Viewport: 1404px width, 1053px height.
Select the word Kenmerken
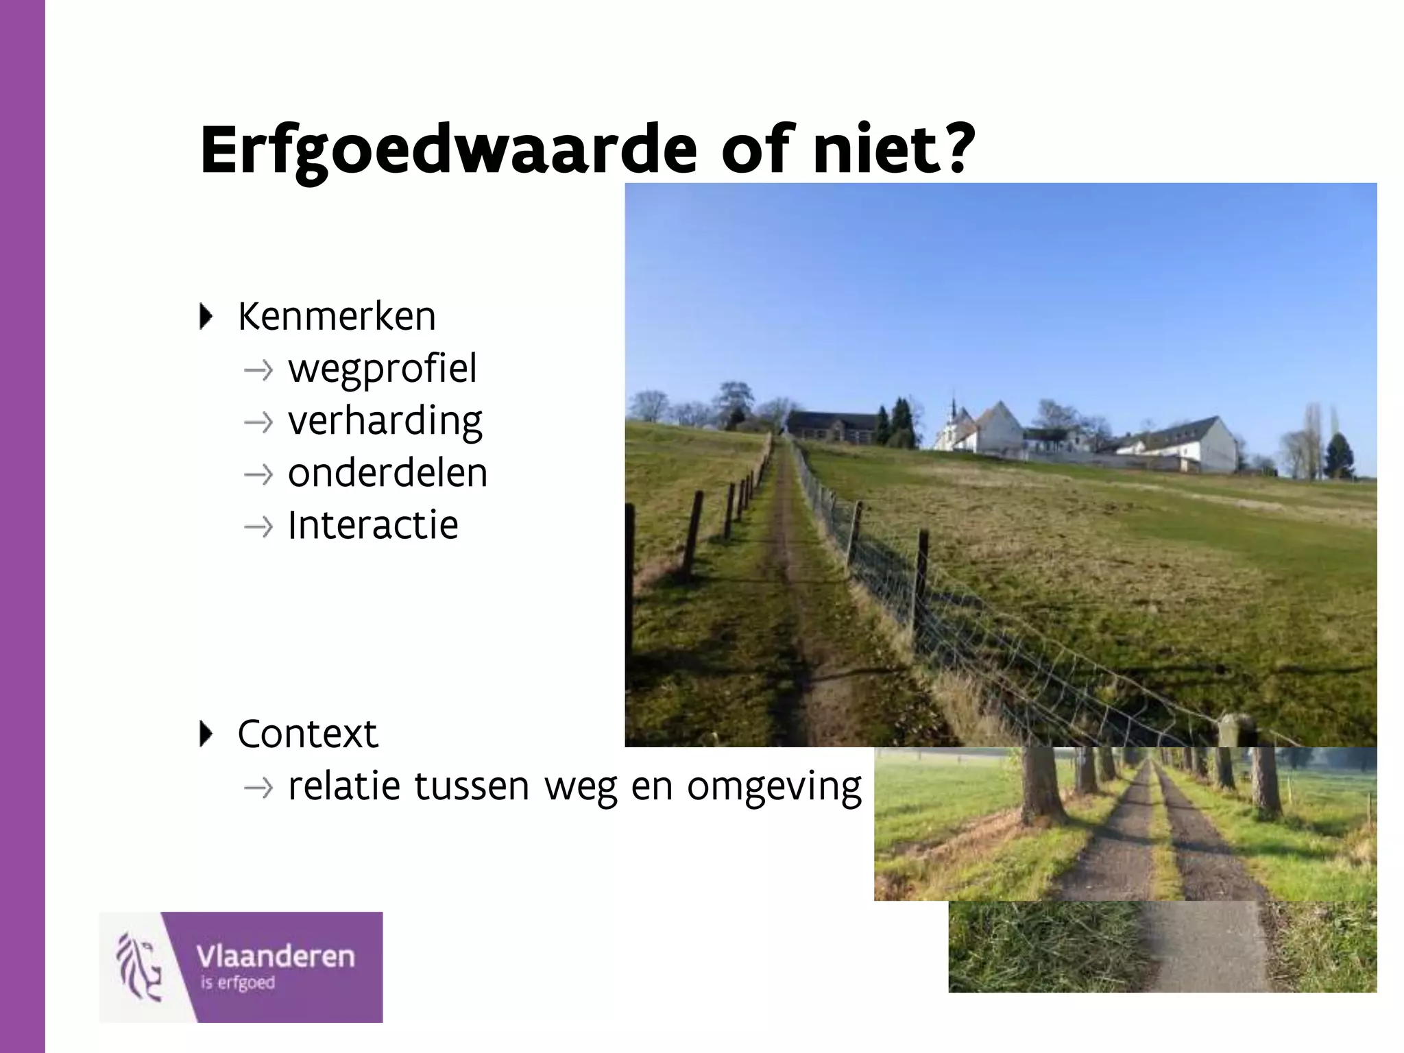(x=337, y=317)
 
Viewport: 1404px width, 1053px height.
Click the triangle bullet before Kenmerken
(x=205, y=316)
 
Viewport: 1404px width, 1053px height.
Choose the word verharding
(x=385, y=422)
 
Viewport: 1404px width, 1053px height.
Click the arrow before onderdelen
(x=258, y=474)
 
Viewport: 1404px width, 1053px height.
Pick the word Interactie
(x=372, y=525)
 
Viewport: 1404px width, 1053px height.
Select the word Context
(x=307, y=734)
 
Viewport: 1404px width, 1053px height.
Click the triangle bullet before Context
(x=205, y=734)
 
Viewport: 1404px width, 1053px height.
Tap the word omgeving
(x=774, y=788)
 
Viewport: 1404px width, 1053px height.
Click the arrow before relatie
(x=258, y=788)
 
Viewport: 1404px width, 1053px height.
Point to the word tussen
(x=472, y=786)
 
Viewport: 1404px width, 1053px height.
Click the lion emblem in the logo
(x=140, y=967)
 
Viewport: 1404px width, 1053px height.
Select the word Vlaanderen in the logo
(x=276, y=956)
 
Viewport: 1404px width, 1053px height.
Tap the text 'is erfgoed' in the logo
(x=237, y=983)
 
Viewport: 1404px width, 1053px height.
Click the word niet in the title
(x=870, y=149)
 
